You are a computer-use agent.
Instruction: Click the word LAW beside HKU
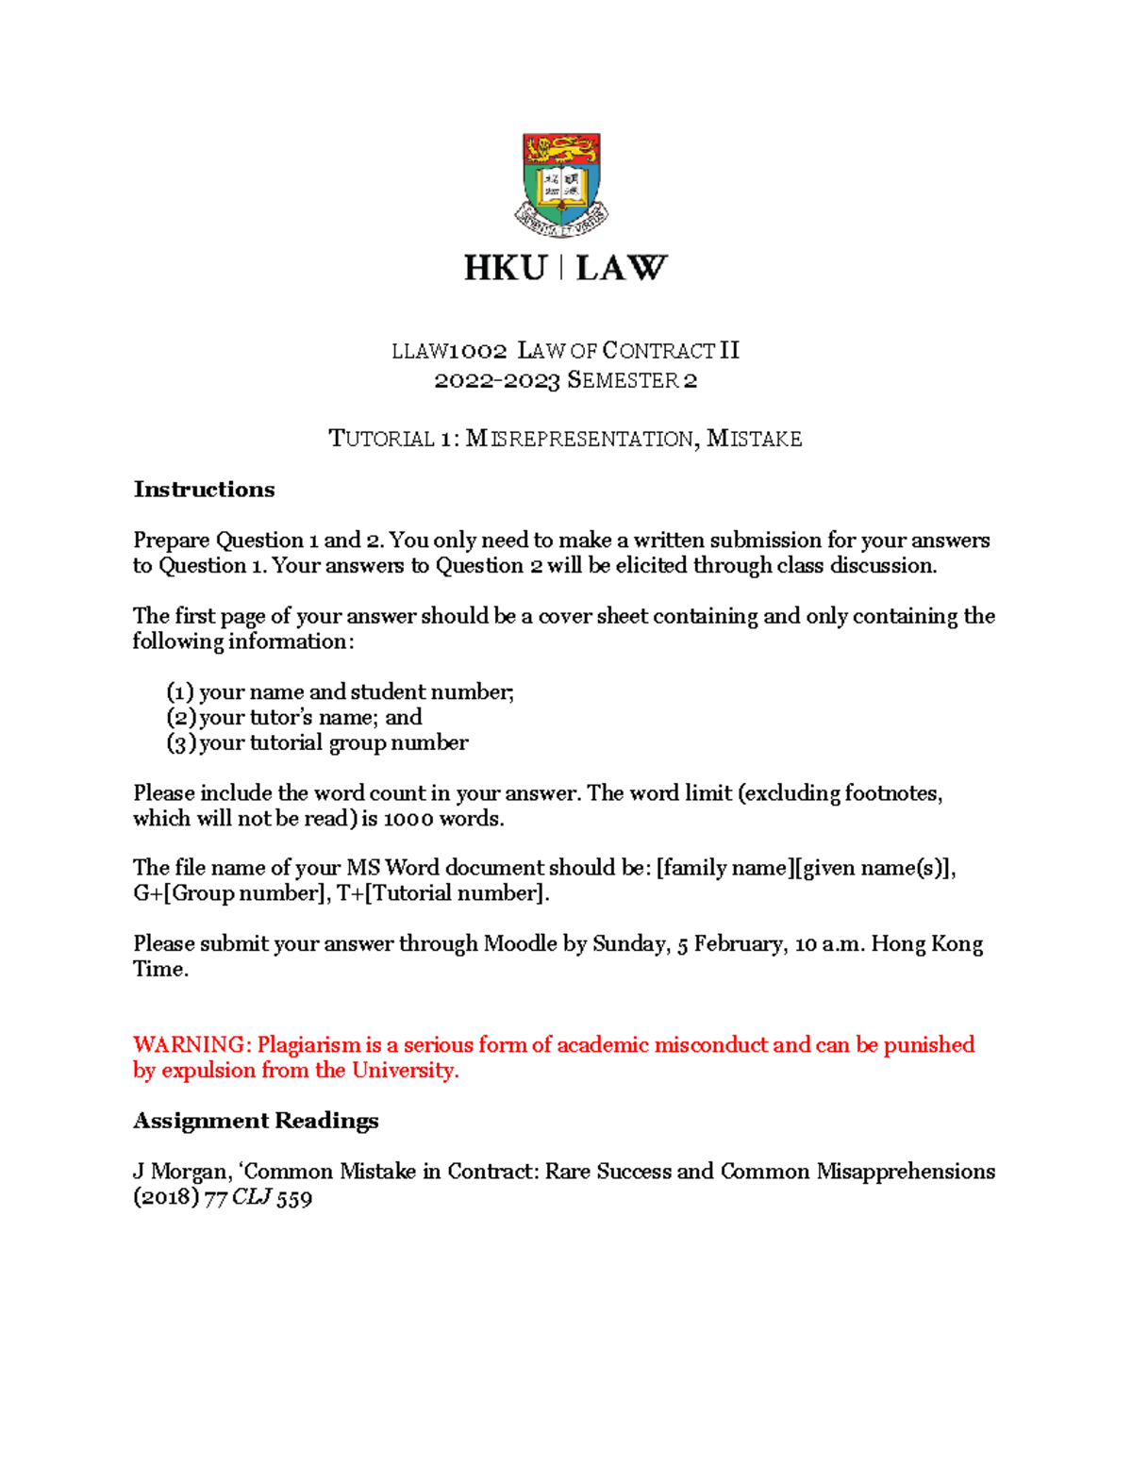click(622, 269)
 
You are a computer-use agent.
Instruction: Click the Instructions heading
click(204, 490)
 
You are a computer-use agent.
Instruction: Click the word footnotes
click(892, 793)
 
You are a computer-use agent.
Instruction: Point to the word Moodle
click(520, 944)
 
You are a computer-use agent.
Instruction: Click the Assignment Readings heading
click(256, 1121)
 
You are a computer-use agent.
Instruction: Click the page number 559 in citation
click(294, 1198)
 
